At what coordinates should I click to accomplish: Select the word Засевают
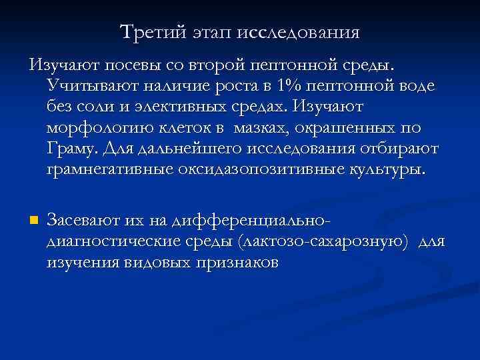click(x=81, y=221)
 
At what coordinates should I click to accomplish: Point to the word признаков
click(x=236, y=262)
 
